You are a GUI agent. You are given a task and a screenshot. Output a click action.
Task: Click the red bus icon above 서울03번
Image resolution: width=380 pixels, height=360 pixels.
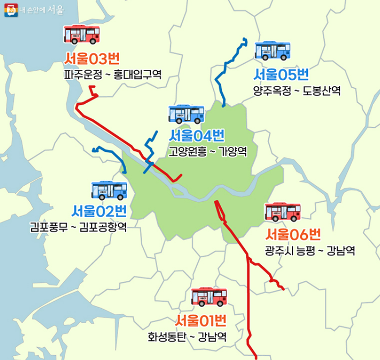pyautogui.click(x=82, y=35)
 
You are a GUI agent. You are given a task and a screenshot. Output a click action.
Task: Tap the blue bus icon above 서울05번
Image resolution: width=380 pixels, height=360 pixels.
pyautogui.click(x=273, y=51)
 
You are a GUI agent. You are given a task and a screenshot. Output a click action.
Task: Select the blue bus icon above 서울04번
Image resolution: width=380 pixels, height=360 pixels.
pyautogui.click(x=187, y=114)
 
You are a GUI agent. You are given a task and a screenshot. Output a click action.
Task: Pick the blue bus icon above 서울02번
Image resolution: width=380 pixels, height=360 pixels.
pyautogui.click(x=110, y=190)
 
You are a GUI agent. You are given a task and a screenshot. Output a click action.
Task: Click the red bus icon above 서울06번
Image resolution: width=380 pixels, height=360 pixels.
pyautogui.click(x=283, y=212)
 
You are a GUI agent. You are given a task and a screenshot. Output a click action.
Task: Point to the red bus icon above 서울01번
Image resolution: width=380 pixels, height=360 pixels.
pyautogui.click(x=209, y=297)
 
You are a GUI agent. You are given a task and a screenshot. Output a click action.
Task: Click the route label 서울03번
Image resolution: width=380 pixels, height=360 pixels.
pyautogui.click(x=89, y=58)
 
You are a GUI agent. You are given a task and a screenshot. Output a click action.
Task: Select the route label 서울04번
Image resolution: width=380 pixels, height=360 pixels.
pyautogui.click(x=197, y=136)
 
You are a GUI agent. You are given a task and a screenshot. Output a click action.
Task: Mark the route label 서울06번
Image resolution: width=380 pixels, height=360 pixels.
pyautogui.click(x=293, y=234)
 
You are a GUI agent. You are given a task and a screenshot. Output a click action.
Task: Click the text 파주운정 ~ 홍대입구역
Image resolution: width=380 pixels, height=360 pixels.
pyautogui.click(x=112, y=75)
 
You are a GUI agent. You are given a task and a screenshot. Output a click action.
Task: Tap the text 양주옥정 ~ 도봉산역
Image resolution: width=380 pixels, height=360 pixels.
pyautogui.click(x=297, y=91)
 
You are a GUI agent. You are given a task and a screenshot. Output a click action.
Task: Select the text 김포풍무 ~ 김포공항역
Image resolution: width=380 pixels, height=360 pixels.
pyautogui.click(x=79, y=227)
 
